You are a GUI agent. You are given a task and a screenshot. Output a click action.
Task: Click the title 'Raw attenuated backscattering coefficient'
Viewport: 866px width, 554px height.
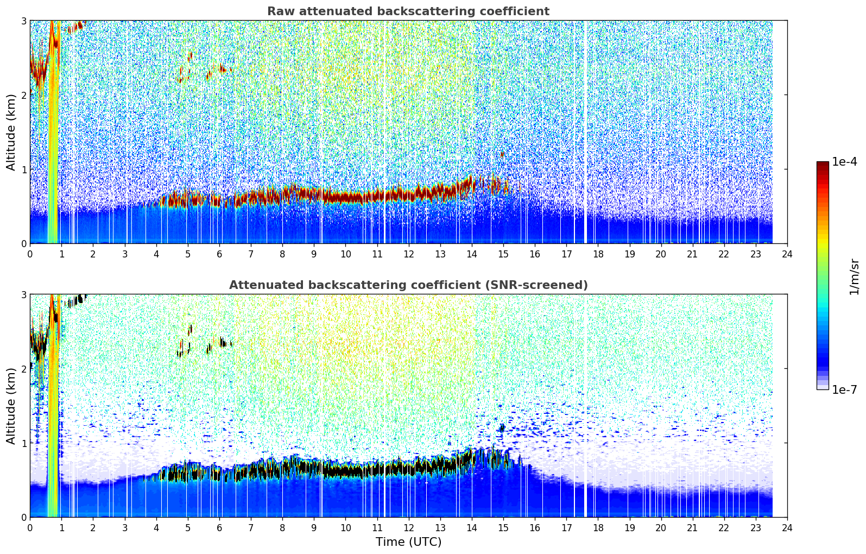[408, 11]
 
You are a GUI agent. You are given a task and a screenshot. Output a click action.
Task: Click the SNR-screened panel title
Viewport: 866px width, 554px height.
[408, 285]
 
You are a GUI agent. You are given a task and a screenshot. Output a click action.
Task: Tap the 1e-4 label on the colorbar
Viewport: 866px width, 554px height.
[844, 162]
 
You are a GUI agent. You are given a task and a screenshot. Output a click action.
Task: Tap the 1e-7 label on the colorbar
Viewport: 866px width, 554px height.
[844, 389]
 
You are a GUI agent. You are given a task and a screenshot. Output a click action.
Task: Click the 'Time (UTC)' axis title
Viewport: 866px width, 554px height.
[408, 542]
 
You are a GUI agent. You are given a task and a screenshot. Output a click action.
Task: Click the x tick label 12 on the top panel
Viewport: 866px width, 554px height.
[409, 254]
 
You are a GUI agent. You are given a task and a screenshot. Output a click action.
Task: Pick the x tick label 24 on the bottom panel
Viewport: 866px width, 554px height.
[787, 528]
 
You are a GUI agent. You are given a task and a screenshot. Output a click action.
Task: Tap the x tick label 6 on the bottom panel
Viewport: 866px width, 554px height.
[219, 528]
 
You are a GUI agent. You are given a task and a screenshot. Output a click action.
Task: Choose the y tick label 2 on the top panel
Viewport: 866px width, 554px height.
[23, 95]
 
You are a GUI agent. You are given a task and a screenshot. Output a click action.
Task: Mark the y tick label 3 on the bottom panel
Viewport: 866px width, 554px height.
[23, 295]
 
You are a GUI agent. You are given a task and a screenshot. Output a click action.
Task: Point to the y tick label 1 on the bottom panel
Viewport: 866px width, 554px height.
[23, 443]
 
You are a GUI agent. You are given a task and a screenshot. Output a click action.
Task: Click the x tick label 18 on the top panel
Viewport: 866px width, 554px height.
[598, 254]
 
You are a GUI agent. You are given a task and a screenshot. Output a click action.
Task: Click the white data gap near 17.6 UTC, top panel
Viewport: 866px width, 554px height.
[585, 132]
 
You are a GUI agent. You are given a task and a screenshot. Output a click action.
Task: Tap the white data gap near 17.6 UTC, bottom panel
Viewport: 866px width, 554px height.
[585, 405]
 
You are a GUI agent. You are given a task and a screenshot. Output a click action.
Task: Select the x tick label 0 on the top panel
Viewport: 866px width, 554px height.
[30, 254]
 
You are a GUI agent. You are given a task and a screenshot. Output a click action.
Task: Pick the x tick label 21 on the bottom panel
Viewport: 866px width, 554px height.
[692, 528]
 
